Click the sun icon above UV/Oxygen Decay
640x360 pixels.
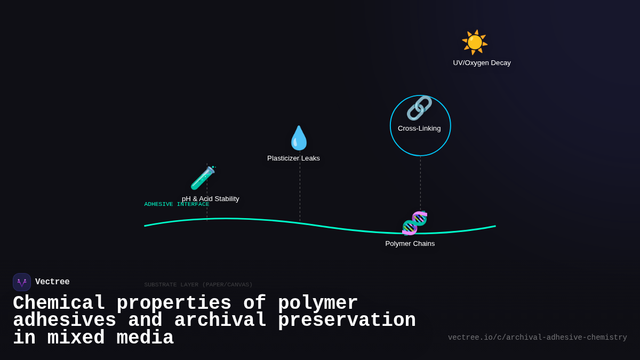coord(474,42)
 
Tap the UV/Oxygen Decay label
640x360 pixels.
coord(482,63)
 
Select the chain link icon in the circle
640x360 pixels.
coord(419,108)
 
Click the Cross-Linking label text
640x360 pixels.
coord(419,129)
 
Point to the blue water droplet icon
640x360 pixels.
coord(299,138)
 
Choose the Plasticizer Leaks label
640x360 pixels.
coord(293,158)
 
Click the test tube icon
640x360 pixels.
coord(203,178)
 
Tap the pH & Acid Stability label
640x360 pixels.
coord(211,199)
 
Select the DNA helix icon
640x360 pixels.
coord(414,223)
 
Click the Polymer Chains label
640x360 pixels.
coord(410,244)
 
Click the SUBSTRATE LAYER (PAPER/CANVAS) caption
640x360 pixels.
coord(198,285)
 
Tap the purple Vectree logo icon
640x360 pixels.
coord(22,282)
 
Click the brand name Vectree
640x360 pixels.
coord(52,282)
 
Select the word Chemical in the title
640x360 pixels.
coord(59,303)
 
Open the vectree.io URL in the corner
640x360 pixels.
coord(537,338)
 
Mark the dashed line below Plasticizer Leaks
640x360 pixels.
coord(300,192)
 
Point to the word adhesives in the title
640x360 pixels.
coord(64,321)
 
